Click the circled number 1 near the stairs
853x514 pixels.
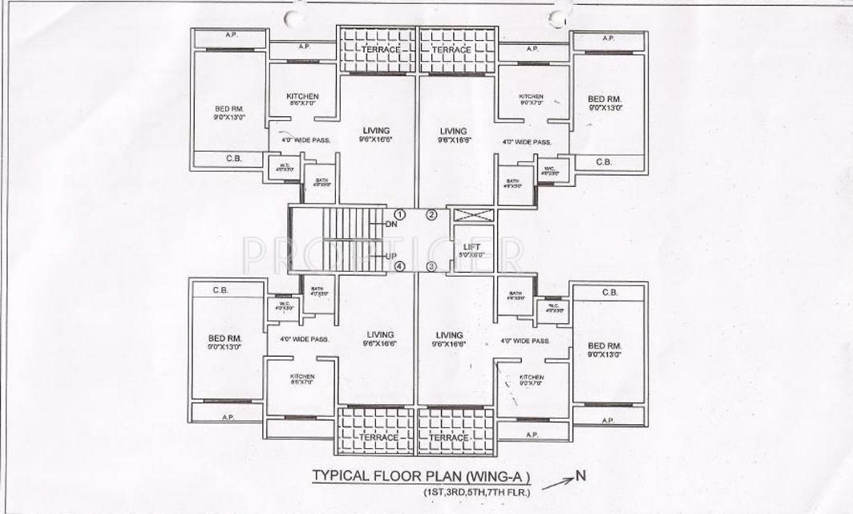[399, 214]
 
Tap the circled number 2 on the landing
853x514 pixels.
[431, 214]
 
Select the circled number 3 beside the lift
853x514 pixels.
[431, 266]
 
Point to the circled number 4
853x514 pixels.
[399, 266]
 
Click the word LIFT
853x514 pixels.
[471, 247]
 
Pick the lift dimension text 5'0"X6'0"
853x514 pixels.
[471, 256]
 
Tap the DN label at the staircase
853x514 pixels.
[390, 225]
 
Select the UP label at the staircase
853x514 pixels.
[391, 256]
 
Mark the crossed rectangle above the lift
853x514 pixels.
[471, 215]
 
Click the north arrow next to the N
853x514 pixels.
[558, 483]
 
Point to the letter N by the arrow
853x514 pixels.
[581, 476]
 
